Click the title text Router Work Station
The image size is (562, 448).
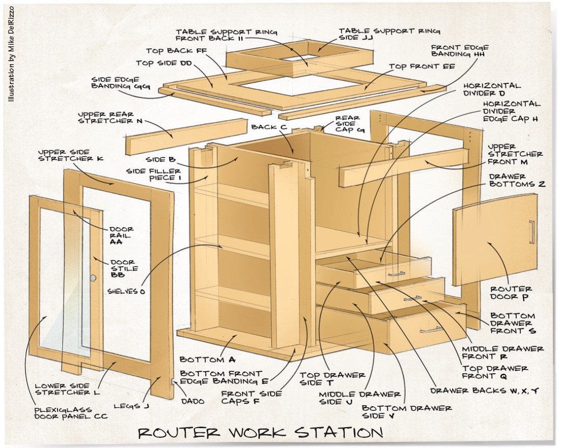[260, 432]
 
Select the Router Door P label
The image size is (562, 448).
[503, 293]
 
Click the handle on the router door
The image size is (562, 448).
[532, 232]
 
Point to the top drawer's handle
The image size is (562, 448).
[397, 274]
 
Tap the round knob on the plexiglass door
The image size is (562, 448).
[93, 278]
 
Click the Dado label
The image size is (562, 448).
[193, 401]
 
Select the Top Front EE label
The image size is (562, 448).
[415, 66]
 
